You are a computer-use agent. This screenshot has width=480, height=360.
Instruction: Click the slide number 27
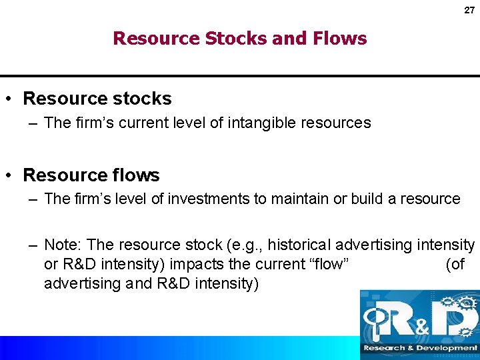[x=469, y=10]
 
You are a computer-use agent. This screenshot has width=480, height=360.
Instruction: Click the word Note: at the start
[x=64, y=245]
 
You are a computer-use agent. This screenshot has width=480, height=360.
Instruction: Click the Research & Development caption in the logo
[x=419, y=348]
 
